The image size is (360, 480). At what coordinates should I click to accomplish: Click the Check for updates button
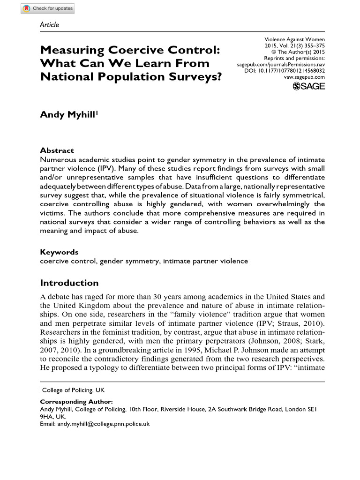click(x=47, y=8)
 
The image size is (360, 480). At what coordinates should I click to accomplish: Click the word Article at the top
click(x=50, y=25)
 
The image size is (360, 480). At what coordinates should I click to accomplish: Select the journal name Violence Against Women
click(x=295, y=40)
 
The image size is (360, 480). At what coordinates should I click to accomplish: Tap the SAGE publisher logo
click(x=308, y=86)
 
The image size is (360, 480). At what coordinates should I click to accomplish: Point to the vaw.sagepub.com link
click(x=304, y=76)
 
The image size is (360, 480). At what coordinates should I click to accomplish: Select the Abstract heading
click(x=57, y=150)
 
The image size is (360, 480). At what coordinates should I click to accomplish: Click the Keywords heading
click(x=59, y=252)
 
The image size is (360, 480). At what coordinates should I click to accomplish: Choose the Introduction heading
click(x=69, y=283)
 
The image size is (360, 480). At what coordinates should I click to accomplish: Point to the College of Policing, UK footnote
click(x=66, y=390)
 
